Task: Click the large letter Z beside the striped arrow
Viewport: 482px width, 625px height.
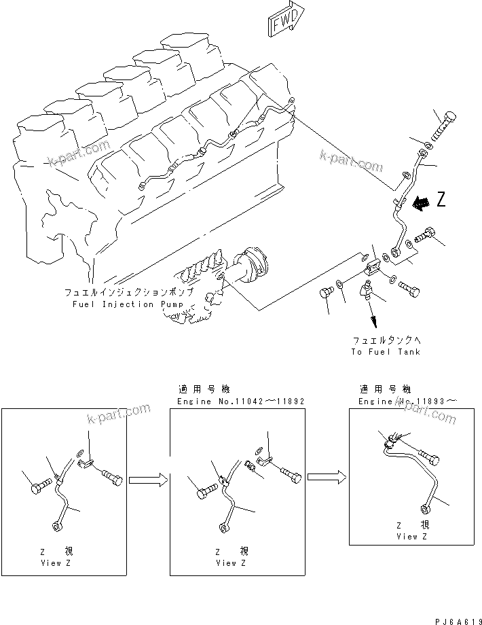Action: tap(441, 200)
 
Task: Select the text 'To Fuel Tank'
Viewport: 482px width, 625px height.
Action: tap(386, 352)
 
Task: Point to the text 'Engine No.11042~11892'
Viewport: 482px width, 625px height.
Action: tap(240, 401)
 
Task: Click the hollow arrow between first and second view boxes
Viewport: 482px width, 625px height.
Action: tap(147, 481)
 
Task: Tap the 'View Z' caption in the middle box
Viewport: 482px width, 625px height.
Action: tap(226, 563)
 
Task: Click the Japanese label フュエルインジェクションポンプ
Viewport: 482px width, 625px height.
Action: tap(128, 292)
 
